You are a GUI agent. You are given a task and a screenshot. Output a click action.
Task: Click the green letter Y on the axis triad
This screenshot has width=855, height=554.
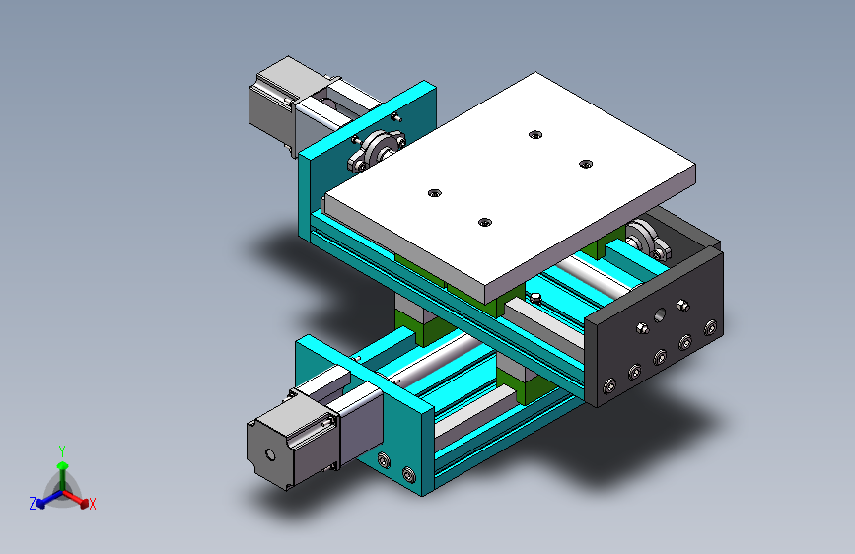[62, 451]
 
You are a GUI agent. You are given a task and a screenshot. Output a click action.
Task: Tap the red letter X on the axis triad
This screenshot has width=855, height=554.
[93, 504]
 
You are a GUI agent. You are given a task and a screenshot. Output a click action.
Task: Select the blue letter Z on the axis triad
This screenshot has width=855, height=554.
[33, 504]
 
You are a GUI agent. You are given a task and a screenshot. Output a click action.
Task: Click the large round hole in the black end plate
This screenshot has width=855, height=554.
[659, 314]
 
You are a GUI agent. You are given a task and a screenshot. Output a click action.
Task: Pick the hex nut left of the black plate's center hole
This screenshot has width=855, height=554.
[642, 328]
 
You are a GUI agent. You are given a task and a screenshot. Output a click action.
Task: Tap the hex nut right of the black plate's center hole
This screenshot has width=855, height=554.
[682, 306]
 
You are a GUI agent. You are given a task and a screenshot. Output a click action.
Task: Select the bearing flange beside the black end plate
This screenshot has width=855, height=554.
[647, 239]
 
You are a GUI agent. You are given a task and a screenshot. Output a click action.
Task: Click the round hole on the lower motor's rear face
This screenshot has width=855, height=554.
[270, 454]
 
